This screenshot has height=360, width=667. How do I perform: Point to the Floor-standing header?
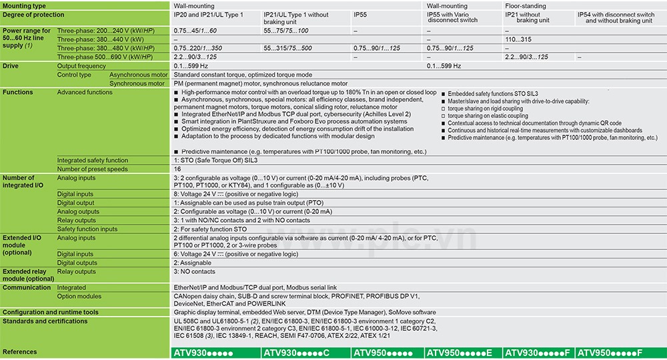526,6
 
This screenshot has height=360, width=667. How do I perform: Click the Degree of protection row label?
34,15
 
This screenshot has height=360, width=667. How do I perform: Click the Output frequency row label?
81,66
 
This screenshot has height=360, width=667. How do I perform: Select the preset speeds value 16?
177,169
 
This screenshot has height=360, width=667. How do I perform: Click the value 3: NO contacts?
194,271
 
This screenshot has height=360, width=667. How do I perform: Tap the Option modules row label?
79,296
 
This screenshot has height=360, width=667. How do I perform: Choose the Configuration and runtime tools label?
51,312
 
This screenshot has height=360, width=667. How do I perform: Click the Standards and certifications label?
45,321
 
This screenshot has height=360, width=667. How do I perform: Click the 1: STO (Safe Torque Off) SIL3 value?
215,160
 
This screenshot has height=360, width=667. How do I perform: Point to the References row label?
20,351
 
